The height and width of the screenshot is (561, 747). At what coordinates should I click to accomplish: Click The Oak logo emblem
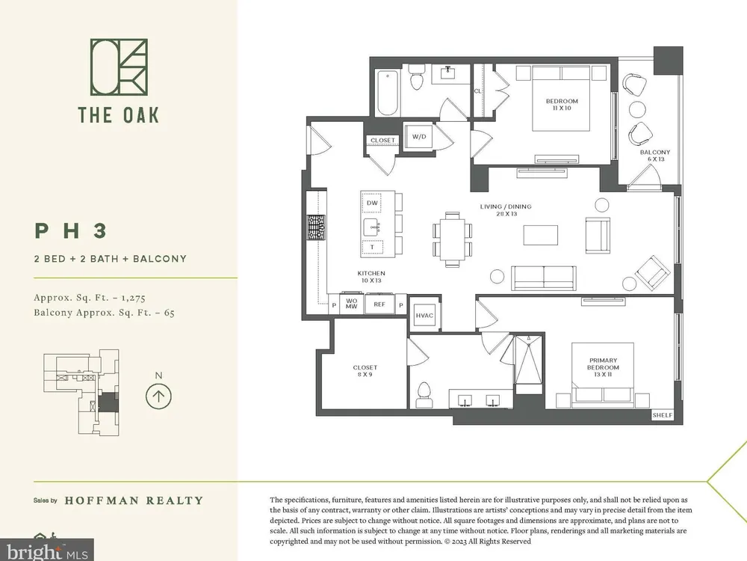(119, 67)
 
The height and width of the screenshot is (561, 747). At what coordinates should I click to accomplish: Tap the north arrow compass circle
(158, 396)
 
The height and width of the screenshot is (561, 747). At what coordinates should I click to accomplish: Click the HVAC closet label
(424, 316)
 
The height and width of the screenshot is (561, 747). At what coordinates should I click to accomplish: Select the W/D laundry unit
(419, 137)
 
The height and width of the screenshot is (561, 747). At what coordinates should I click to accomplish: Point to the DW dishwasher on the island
(372, 203)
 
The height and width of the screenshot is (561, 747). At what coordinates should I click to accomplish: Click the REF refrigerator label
(379, 304)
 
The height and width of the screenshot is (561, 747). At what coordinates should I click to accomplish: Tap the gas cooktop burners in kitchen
(315, 227)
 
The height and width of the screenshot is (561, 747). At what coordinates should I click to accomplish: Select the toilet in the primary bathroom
(424, 394)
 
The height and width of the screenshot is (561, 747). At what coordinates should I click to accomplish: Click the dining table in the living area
(453, 239)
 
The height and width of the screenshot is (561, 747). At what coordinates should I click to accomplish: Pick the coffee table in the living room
(541, 235)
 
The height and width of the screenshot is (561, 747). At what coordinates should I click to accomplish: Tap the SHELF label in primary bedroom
(663, 415)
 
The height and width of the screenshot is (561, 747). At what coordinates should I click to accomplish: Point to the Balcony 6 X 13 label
(655, 156)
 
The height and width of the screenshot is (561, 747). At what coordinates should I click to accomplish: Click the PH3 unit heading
(71, 231)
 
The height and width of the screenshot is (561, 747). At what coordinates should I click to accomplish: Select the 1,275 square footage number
(133, 298)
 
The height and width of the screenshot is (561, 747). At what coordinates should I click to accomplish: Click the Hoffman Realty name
(134, 500)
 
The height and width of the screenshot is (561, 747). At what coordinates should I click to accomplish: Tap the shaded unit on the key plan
(108, 402)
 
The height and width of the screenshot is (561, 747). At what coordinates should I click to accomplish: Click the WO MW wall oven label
(352, 304)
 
